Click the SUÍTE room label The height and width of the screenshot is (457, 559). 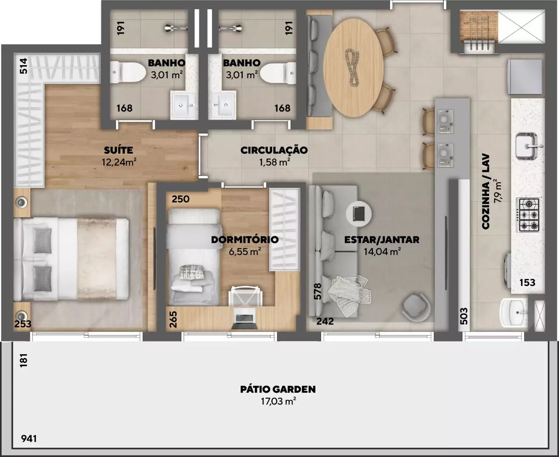[x=118, y=150]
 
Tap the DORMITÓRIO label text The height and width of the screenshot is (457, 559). [x=245, y=240]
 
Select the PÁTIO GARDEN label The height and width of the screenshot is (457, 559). [x=278, y=389]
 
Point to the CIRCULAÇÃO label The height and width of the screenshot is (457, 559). [x=274, y=150]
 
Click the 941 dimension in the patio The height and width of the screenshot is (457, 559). [x=29, y=438]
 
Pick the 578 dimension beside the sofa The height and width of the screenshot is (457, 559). [x=317, y=292]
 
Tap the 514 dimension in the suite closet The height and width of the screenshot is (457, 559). [x=23, y=66]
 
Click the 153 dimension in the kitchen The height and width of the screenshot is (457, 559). [x=527, y=282]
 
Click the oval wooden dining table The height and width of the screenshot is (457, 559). [x=353, y=68]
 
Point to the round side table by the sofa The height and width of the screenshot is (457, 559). [x=359, y=214]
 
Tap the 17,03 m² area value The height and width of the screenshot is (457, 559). [x=278, y=401]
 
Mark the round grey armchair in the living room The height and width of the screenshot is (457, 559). [x=416, y=308]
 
